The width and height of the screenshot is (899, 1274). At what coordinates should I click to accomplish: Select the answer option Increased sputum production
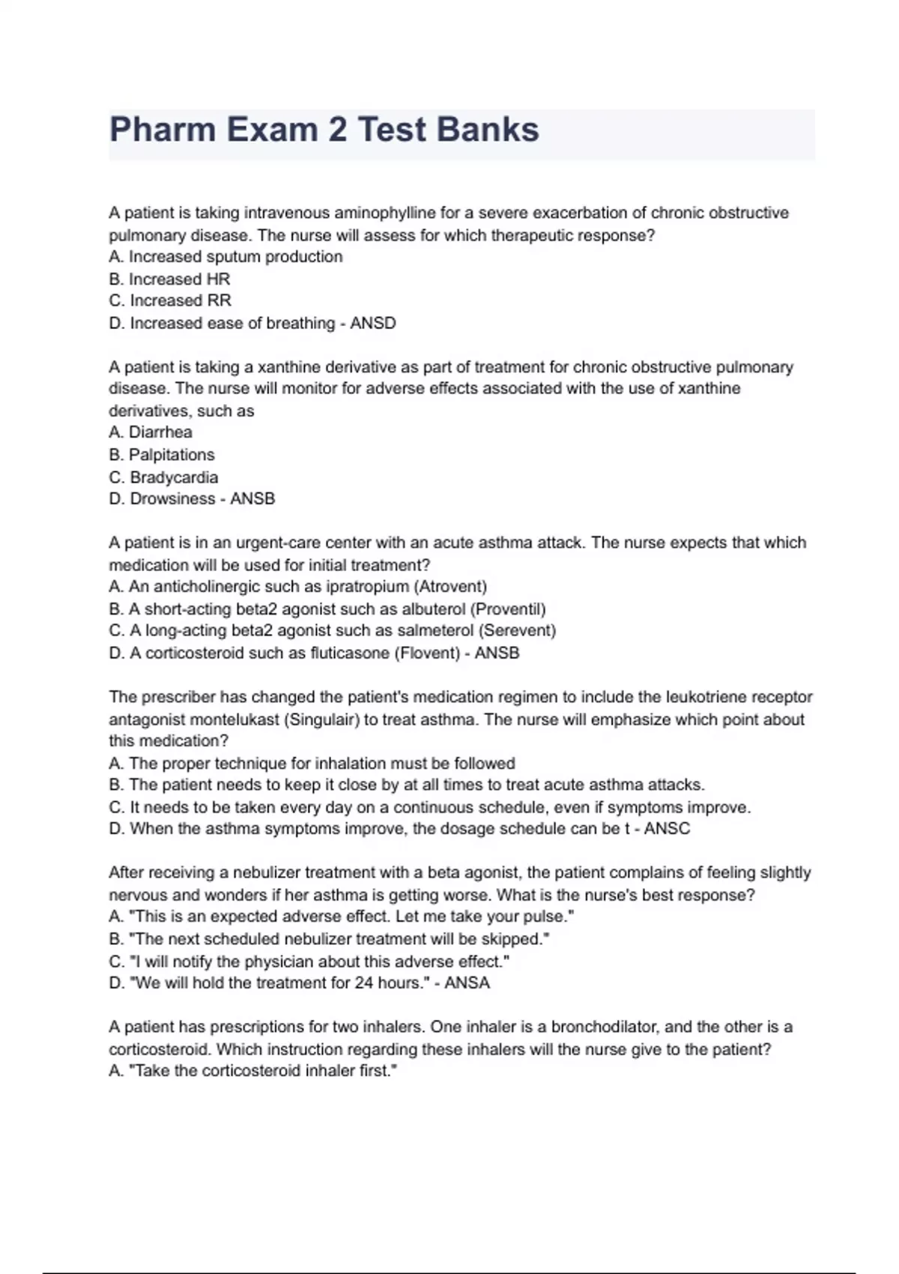[235, 257]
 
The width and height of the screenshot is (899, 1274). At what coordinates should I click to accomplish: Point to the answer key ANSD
[373, 323]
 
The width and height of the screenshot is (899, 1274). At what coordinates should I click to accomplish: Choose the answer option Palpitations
[172, 455]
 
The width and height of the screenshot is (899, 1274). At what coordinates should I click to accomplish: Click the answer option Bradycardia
[174, 477]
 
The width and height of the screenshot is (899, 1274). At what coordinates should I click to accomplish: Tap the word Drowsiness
[172, 498]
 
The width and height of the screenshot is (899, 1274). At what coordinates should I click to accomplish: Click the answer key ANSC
[667, 829]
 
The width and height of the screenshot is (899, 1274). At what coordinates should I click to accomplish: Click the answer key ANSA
[467, 983]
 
